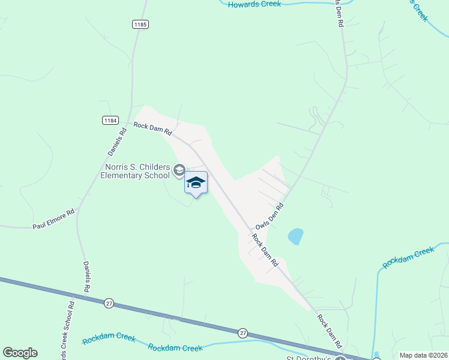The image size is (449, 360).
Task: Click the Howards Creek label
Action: tap(254, 4)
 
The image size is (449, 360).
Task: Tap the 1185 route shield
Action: tap(140, 25)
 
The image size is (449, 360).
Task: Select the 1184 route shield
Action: tap(110, 121)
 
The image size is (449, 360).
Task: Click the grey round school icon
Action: tap(179, 171)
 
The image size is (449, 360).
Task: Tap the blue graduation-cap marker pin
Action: tap(196, 182)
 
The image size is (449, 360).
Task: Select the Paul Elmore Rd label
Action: tap(53, 219)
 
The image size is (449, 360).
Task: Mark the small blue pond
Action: tap(295, 236)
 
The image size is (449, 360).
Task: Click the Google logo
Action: tap(20, 353)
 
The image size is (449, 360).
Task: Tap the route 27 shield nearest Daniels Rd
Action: tap(109, 303)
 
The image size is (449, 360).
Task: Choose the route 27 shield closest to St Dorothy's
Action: tap(243, 332)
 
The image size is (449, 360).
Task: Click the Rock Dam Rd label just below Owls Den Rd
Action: tap(265, 250)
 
